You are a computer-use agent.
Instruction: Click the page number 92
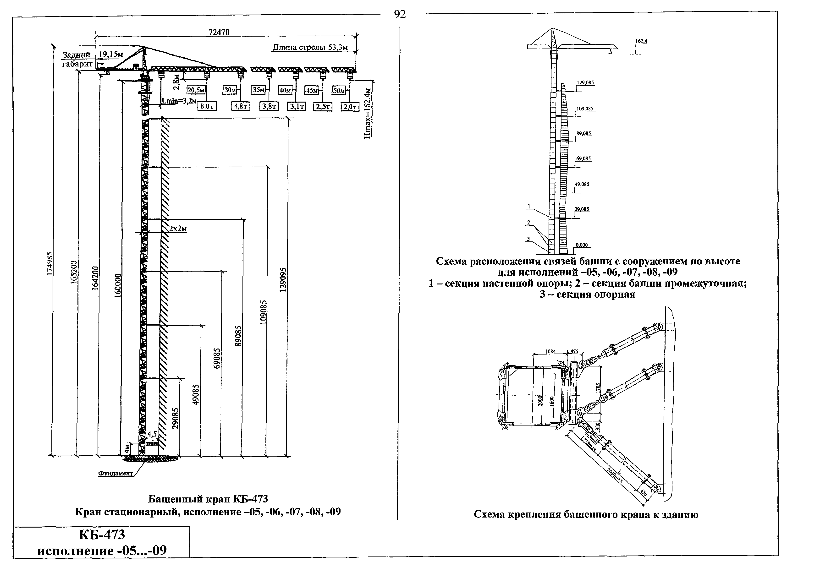point(400,15)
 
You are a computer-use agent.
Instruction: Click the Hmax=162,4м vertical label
point(368,113)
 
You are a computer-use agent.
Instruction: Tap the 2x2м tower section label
point(178,229)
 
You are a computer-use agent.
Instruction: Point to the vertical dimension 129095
point(283,279)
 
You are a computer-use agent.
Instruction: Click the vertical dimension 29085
point(175,419)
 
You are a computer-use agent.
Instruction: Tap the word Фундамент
point(116,474)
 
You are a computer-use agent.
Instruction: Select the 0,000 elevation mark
point(582,245)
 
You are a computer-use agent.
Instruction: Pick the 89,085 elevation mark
point(583,133)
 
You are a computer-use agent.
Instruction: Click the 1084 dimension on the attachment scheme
point(550,351)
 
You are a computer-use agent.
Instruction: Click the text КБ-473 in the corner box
point(102,534)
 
